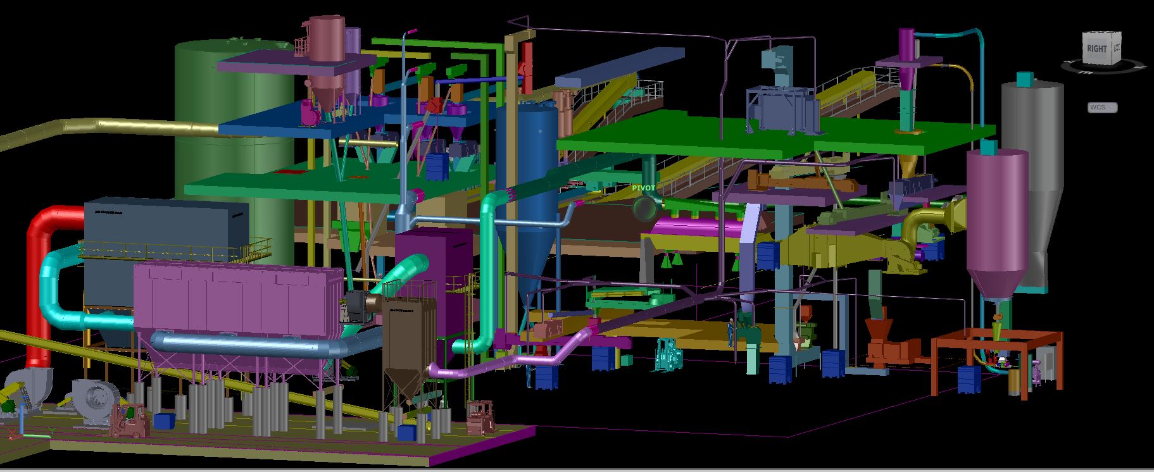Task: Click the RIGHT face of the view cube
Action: point(1097,49)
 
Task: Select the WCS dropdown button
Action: point(1102,108)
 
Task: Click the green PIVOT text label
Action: point(644,188)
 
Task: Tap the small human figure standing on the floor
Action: point(731,332)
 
